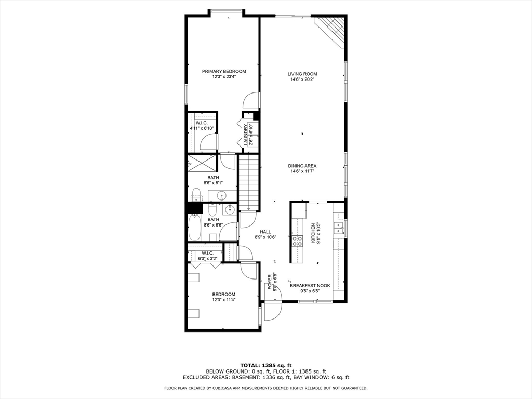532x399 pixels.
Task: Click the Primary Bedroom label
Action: point(224,71)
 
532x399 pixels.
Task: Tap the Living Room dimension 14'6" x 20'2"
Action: point(302,79)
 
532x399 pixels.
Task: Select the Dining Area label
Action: point(302,166)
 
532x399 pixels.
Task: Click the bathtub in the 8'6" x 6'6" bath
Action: point(195,227)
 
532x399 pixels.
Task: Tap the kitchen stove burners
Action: point(298,241)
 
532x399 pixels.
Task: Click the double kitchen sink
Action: point(338,229)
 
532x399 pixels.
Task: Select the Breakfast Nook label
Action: point(310,286)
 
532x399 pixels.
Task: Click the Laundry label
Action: point(246,135)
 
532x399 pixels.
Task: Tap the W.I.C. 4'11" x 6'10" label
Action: point(202,126)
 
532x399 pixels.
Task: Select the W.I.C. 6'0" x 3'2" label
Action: point(207,256)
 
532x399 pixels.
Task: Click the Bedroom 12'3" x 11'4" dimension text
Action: point(224,300)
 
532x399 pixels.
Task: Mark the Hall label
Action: point(265,232)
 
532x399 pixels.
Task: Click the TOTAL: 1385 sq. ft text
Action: point(266,365)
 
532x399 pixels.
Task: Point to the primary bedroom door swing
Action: point(251,100)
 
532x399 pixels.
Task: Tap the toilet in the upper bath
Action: point(196,195)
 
